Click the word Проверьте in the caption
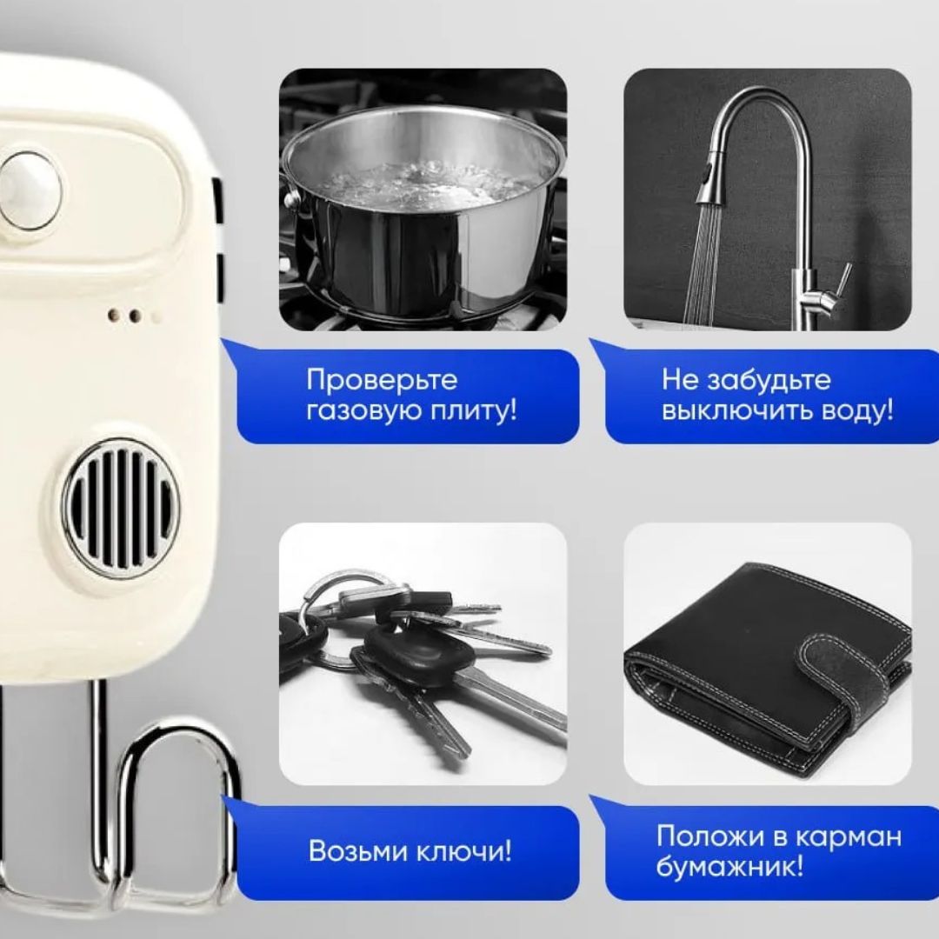click(x=382, y=380)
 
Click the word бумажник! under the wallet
click(x=730, y=867)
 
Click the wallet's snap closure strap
click(x=856, y=676)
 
